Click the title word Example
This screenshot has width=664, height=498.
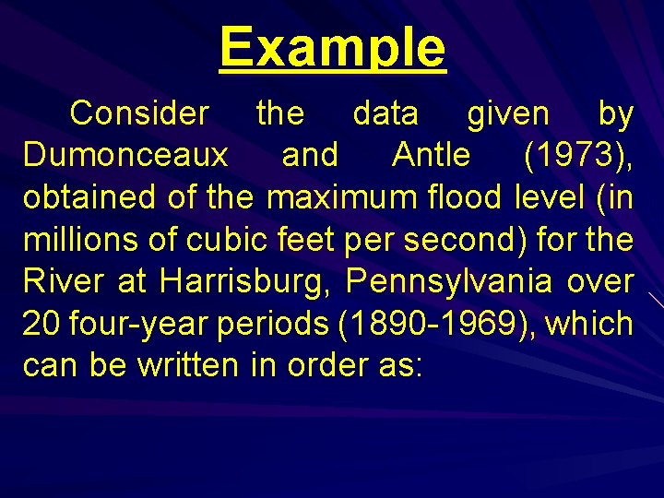pyautogui.click(x=332, y=47)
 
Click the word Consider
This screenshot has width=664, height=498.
pyautogui.click(x=139, y=113)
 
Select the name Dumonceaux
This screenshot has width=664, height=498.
pyautogui.click(x=125, y=156)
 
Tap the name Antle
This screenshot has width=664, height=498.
pyautogui.click(x=431, y=156)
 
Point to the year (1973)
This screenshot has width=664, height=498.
pyautogui.click(x=577, y=156)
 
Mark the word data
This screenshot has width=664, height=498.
pyautogui.click(x=385, y=113)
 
